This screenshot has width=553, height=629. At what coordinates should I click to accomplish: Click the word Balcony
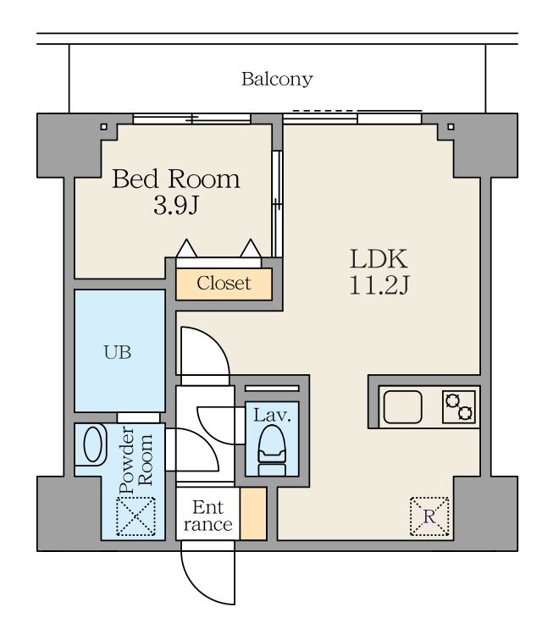click(x=277, y=80)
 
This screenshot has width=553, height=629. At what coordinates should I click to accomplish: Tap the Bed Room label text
click(x=176, y=179)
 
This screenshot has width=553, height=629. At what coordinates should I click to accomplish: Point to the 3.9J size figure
click(x=176, y=206)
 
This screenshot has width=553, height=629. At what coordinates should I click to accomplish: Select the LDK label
click(x=379, y=259)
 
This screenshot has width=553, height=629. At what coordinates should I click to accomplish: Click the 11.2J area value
click(x=379, y=285)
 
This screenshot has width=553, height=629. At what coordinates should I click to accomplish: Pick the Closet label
click(x=224, y=284)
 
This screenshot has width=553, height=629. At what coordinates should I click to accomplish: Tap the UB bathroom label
click(x=118, y=352)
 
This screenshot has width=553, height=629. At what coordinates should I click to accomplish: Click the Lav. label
click(x=272, y=415)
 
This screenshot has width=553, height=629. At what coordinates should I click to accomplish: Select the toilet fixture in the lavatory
click(x=272, y=451)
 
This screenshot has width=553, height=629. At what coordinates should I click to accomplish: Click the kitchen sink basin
click(x=402, y=407)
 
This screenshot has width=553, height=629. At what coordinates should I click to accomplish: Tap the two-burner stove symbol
click(x=459, y=407)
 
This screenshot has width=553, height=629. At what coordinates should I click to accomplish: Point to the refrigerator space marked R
click(x=429, y=516)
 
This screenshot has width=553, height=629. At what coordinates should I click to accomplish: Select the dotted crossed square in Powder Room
click(x=135, y=516)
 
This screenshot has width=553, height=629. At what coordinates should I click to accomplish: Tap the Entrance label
click(x=207, y=516)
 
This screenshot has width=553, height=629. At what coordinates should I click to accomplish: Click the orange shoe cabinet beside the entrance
click(x=253, y=514)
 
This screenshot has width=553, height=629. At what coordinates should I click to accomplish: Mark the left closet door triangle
click(x=186, y=248)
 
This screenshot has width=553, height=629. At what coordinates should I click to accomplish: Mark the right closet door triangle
click(x=251, y=248)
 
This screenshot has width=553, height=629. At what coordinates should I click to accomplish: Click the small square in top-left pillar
click(x=103, y=127)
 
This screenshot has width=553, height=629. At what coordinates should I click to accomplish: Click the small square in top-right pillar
click(x=451, y=127)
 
